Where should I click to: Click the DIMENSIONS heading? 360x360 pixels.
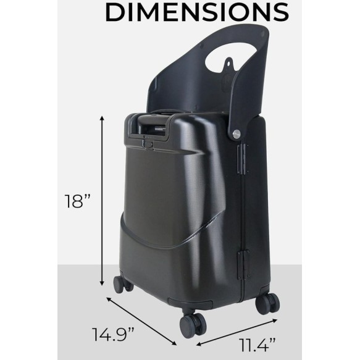pos(197,12)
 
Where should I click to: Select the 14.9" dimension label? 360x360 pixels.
pos(113,334)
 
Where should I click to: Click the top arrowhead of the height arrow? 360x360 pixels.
pos(103,119)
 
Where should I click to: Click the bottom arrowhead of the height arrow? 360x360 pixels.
pos(103,283)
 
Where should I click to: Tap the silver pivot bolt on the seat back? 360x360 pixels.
pos(237,134)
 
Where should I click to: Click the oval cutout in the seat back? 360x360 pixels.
pos(231,57)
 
